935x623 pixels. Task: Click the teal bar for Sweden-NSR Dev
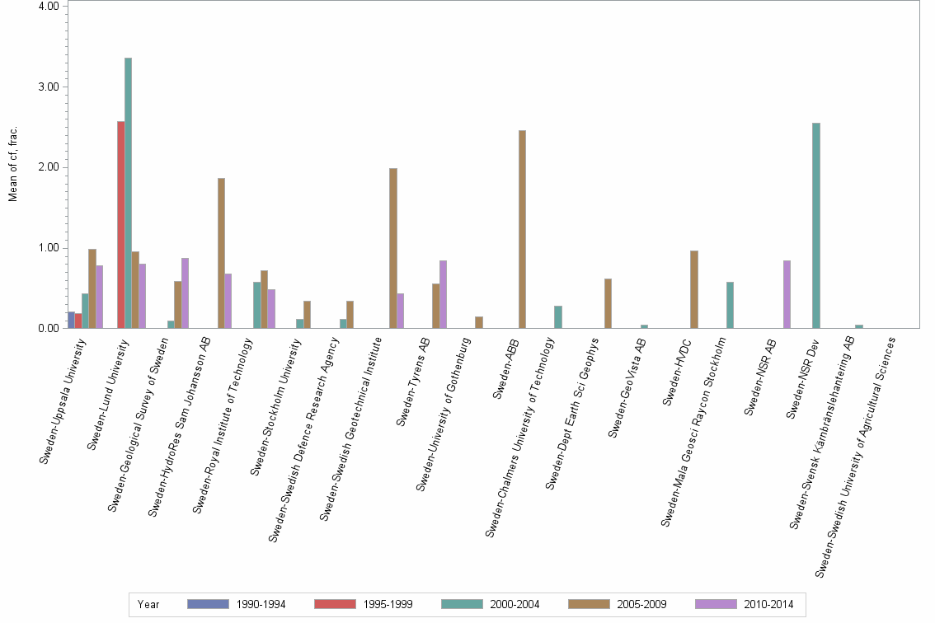tap(816, 226)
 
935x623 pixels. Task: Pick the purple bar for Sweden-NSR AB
tap(787, 294)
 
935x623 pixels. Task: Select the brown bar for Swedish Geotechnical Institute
tap(393, 248)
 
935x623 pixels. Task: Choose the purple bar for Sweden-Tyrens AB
tap(444, 294)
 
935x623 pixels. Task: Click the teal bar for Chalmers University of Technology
tap(558, 317)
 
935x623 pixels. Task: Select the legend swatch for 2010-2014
tap(716, 604)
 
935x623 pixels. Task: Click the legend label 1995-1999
tap(388, 604)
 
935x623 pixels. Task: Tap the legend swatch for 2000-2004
tap(462, 604)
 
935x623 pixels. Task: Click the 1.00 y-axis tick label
tap(48, 248)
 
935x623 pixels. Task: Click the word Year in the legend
tap(148, 604)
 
